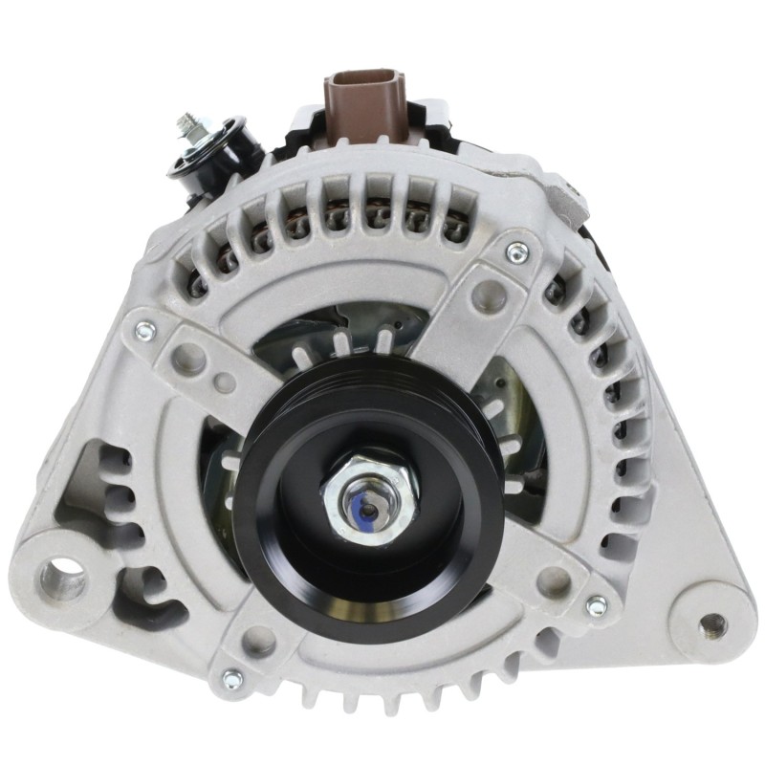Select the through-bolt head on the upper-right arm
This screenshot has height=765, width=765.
click(x=517, y=252)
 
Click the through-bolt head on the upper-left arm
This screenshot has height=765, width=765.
click(x=143, y=330)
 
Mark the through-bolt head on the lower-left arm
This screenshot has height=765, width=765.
click(x=231, y=680)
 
